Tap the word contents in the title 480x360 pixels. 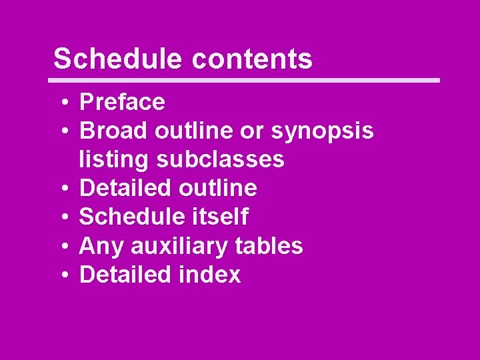click(x=252, y=59)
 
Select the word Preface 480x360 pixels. click(x=122, y=102)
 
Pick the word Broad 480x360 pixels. click(x=113, y=131)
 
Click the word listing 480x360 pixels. click(x=114, y=160)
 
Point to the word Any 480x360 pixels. click(x=101, y=246)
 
